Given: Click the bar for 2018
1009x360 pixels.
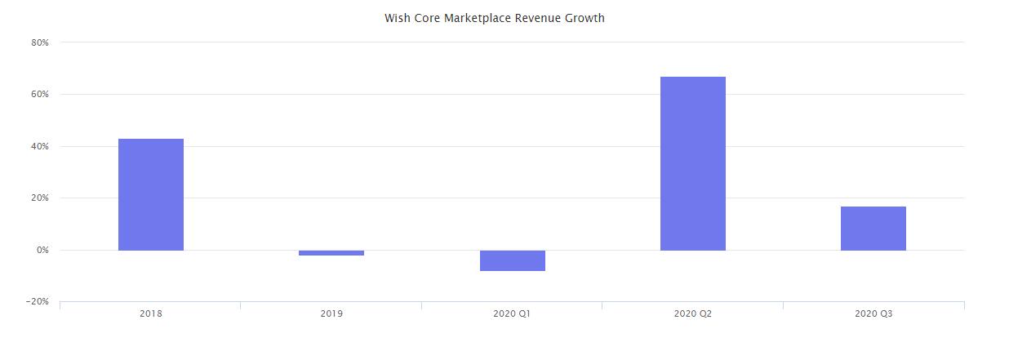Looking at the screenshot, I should coord(151,194).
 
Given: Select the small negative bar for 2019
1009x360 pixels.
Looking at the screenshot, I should coord(331,253).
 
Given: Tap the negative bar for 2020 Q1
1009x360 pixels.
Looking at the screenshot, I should coord(512,260).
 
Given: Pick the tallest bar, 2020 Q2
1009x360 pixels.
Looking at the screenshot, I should coord(692,163).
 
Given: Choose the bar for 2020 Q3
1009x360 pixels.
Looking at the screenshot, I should coord(873,229).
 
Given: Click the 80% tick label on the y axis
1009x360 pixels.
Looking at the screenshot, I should coord(41,42).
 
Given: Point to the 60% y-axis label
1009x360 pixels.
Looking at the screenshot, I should coord(41,95).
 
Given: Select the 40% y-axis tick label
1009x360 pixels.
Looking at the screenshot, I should coord(41,147).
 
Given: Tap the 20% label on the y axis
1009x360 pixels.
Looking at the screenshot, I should coord(41,198).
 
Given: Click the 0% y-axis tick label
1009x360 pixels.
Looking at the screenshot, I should coord(42,251).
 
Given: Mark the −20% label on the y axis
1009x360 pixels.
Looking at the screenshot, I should coord(38,302).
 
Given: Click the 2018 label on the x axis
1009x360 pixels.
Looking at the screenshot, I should coord(150,313).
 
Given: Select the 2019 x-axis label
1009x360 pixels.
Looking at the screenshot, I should coord(331,313).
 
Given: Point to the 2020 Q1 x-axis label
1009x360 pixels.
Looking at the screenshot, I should coord(512,313).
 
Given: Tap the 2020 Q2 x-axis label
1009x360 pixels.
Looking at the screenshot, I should coord(692,313).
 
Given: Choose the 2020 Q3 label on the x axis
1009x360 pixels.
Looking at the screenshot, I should coord(873,313).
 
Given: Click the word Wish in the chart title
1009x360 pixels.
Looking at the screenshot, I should coord(396,18).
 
